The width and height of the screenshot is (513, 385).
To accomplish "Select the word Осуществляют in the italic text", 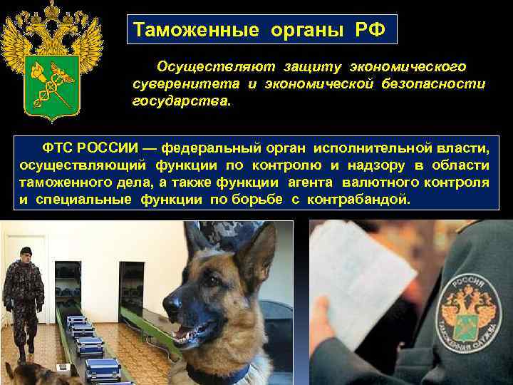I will click(204, 66).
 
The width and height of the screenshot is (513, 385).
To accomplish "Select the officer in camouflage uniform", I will click(24, 299).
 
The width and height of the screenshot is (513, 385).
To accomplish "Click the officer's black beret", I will click(26, 250).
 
